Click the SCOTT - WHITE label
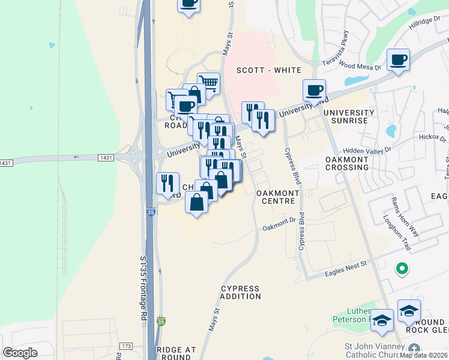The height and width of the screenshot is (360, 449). click(268, 70)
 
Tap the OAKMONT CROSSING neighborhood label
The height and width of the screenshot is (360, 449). click(346, 163)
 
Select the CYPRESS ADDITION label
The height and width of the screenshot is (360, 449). click(240, 292)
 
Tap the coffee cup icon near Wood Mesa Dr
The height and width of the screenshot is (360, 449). click(398, 60)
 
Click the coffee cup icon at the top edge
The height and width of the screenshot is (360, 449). click(188, 4)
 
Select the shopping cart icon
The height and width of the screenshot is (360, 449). click(208, 83)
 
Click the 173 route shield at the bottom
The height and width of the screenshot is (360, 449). click(125, 346)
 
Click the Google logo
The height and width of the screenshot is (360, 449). click(20, 352)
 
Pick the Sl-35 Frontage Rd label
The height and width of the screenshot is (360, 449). click(143, 287)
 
